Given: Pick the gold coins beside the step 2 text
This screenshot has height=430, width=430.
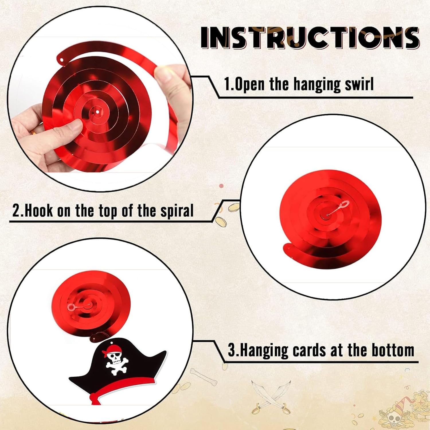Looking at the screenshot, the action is (225, 214).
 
